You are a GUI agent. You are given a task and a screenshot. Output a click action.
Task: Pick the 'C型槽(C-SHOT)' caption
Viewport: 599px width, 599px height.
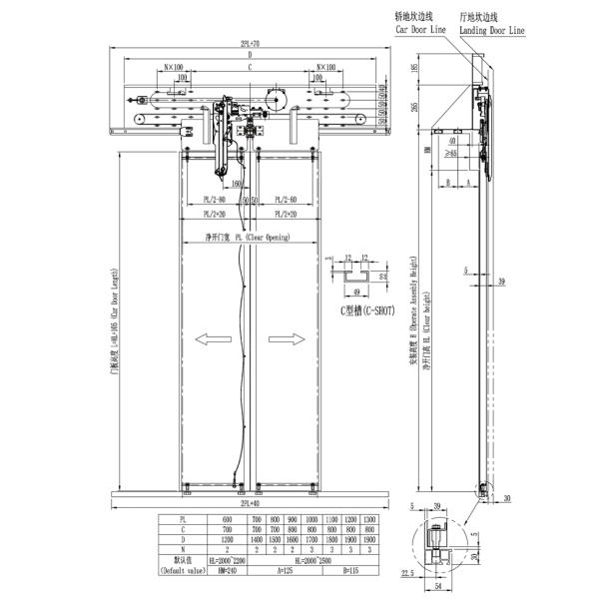(x=364, y=311)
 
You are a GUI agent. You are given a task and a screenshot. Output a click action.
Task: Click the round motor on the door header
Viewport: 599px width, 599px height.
(x=272, y=99)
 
